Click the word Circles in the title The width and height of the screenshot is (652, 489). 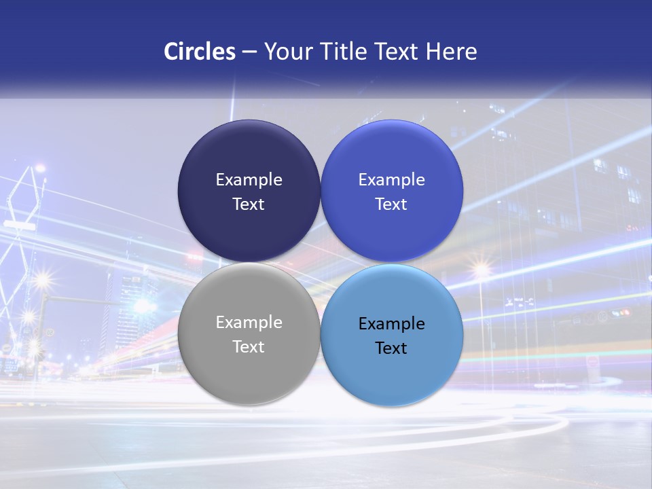(200, 52)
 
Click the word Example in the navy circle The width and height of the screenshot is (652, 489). (249, 180)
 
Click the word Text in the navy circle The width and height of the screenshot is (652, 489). (249, 204)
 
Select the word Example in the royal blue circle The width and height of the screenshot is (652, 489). (392, 180)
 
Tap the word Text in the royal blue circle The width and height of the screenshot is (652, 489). (392, 204)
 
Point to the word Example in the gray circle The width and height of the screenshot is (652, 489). (249, 323)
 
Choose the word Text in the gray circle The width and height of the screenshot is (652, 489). (249, 347)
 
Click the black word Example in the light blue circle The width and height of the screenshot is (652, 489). (392, 324)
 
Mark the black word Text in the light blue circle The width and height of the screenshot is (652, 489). (392, 348)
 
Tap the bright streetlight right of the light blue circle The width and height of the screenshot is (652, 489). (482, 271)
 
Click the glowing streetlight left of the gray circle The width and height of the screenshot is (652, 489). (42, 279)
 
